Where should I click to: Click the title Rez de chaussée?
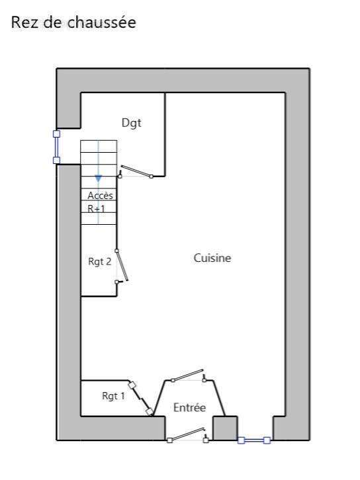click(73, 22)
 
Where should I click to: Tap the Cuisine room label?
click(212, 258)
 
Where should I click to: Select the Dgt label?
click(132, 123)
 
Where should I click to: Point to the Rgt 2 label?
click(99, 261)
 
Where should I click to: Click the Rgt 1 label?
click(113, 395)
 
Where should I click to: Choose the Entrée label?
click(189, 407)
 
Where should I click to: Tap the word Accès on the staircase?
click(100, 195)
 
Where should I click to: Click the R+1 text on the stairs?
click(96, 208)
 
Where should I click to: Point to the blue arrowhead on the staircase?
click(98, 179)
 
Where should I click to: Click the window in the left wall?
click(57, 147)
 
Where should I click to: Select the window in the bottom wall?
click(254, 440)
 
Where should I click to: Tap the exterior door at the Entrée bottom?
click(187, 434)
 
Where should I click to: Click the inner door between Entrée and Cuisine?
click(189, 376)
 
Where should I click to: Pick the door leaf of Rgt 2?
click(122, 265)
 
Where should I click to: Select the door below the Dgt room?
click(136, 171)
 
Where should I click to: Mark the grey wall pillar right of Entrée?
click(225, 428)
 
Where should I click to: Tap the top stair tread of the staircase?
click(99, 146)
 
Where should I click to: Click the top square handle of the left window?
click(57, 134)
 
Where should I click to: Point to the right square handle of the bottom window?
click(267, 440)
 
